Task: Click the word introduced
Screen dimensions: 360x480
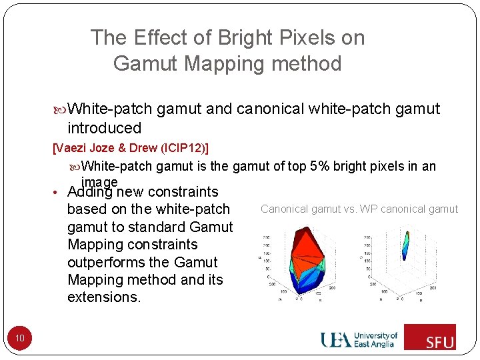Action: pos(105,128)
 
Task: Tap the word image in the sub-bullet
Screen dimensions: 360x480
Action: pos(99,181)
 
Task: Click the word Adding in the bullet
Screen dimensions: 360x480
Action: pos(91,192)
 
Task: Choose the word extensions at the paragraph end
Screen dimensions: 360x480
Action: pos(104,297)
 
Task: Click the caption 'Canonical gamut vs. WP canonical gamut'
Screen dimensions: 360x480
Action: pos(359,209)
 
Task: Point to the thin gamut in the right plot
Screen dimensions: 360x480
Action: pos(406,245)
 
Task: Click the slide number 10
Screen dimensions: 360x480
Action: pos(20,339)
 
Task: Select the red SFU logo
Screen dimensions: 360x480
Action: pos(430,337)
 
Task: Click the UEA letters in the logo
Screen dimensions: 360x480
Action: pos(336,339)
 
